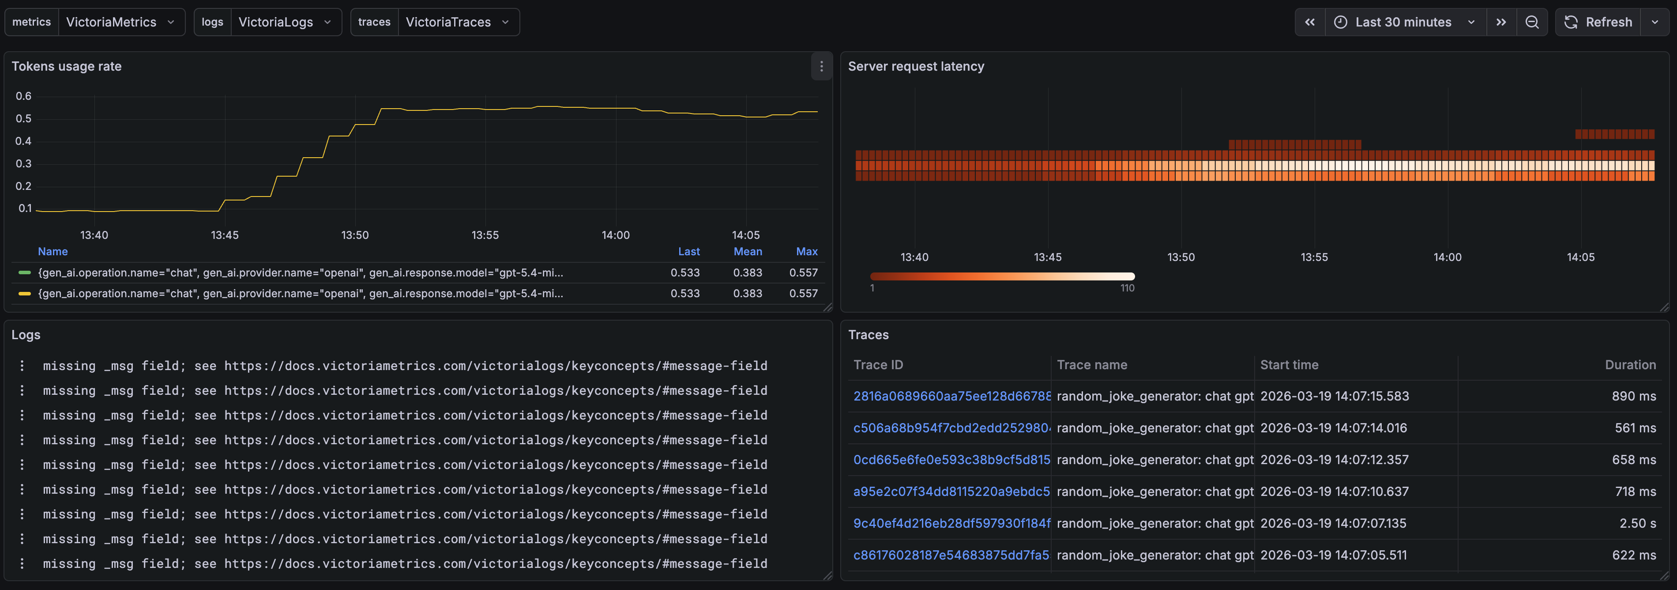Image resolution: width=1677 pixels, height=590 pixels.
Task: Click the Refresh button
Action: click(x=1598, y=22)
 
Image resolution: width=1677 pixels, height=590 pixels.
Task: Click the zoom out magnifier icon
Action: click(x=1532, y=22)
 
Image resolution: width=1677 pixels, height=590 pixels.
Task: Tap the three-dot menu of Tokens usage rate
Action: click(x=821, y=66)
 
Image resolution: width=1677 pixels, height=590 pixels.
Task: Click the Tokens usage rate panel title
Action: click(x=66, y=66)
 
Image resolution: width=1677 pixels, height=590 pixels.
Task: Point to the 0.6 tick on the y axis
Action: click(x=23, y=96)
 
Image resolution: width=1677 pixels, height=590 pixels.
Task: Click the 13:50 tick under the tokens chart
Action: click(x=355, y=235)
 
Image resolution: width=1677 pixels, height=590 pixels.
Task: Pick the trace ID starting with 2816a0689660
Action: click(x=952, y=396)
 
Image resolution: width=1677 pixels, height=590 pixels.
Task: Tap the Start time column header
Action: click(x=1289, y=365)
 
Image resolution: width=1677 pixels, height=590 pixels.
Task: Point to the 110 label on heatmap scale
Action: click(x=1127, y=288)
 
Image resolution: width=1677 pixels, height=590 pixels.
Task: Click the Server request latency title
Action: click(x=916, y=66)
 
